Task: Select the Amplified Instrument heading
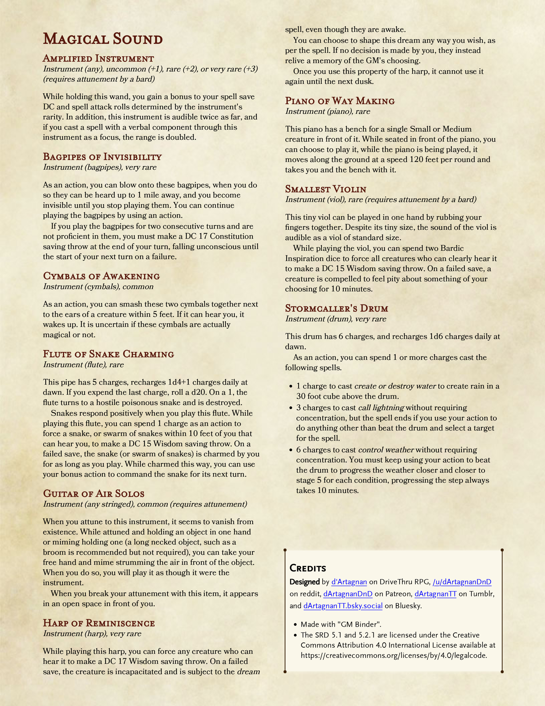pyautogui.click(x=98, y=59)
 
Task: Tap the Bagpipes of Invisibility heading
pyautogui.click(x=102, y=157)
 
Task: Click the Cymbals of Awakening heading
pyautogui.click(x=101, y=276)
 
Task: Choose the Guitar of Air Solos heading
pyautogui.click(x=94, y=494)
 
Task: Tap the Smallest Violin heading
pyautogui.click(x=325, y=189)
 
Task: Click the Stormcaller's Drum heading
pyautogui.click(x=336, y=308)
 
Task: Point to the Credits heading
pyautogui.click(x=307, y=568)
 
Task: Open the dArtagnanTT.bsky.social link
pyautogui.click(x=343, y=606)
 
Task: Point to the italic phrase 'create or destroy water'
pyautogui.click(x=395, y=386)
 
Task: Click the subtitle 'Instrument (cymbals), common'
pyautogui.click(x=98, y=287)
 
